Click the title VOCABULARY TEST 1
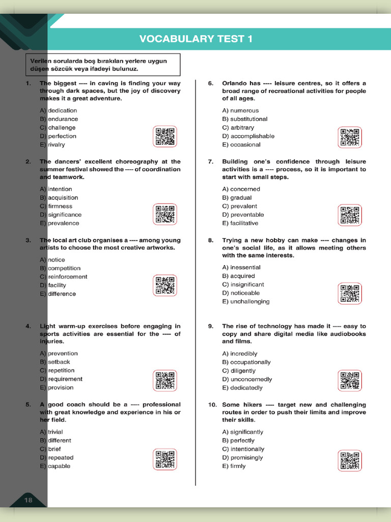(195, 39)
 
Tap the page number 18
(28, 500)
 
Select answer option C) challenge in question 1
(58, 127)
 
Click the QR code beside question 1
(165, 137)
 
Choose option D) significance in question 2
(61, 215)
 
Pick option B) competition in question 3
(60, 268)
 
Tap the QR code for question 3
(165, 285)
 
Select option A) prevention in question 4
(59, 353)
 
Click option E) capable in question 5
(55, 466)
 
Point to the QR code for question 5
(165, 459)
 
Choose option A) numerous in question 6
(240, 110)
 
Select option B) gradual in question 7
(237, 198)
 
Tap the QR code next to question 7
(350, 215)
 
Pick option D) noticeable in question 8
(241, 293)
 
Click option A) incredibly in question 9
(240, 354)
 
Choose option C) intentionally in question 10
(243, 449)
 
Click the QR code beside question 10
(350, 460)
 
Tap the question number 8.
(210, 240)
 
